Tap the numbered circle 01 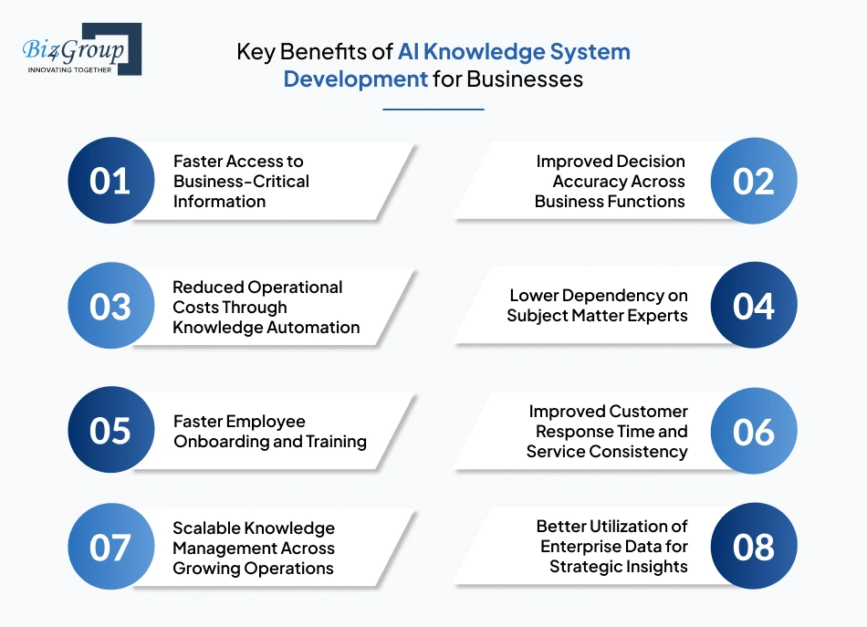[x=110, y=181]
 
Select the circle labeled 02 [x=754, y=181]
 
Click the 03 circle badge [x=110, y=306]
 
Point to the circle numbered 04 [x=754, y=306]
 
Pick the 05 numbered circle [x=110, y=431]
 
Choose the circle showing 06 [x=754, y=431]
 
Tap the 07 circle [x=110, y=547]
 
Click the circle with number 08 [x=754, y=547]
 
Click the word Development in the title [x=355, y=79]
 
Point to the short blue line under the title [x=433, y=110]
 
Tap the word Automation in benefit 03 [x=311, y=327]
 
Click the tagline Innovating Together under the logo [x=70, y=69]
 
